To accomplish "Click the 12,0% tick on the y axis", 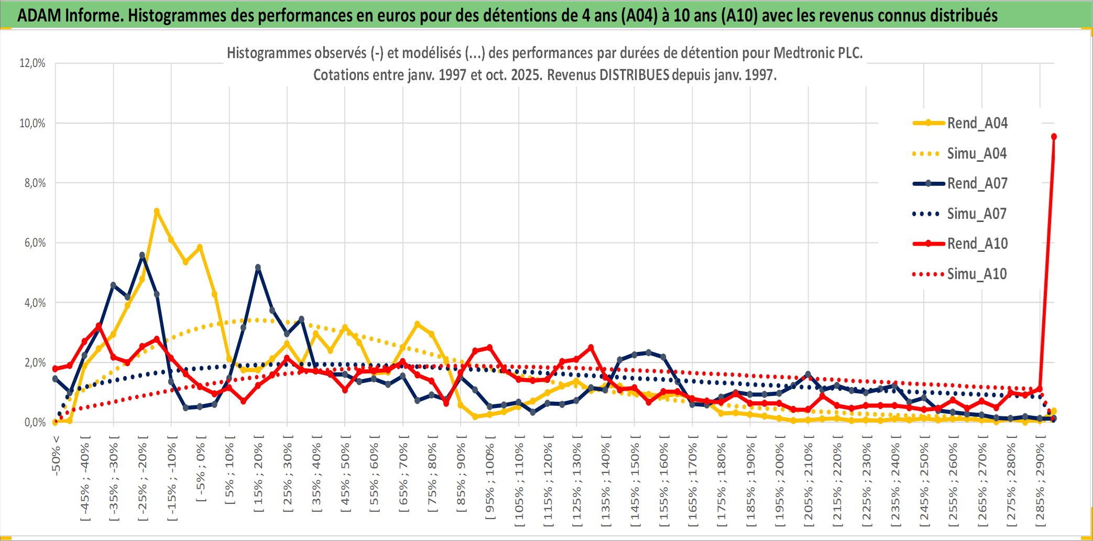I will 32,63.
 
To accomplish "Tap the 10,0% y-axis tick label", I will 32,124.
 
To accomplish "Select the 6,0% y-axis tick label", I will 35,243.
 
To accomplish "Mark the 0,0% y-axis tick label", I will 35,423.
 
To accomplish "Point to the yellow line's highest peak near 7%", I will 156,211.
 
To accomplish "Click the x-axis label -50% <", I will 56,456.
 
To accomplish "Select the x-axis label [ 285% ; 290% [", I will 1040,482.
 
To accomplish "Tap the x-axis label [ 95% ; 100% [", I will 489,482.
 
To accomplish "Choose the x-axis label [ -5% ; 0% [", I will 200,471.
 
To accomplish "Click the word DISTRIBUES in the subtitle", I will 634,75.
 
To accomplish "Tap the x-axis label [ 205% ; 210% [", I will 808,482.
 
